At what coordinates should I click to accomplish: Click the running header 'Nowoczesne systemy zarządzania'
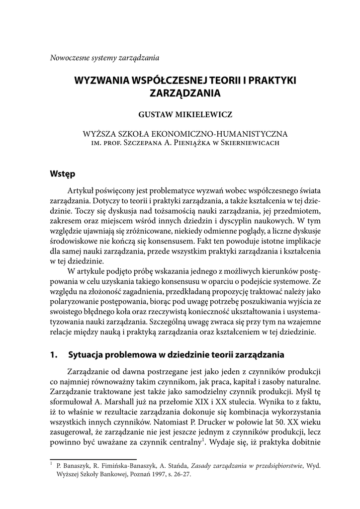(x=104, y=57)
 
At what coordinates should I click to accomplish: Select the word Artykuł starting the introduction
(x=81, y=192)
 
